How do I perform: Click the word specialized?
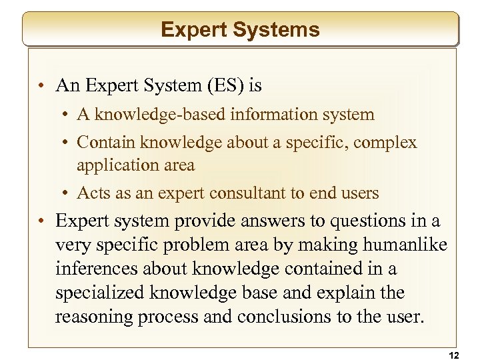[101, 293]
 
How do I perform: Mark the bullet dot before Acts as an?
[69, 193]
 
